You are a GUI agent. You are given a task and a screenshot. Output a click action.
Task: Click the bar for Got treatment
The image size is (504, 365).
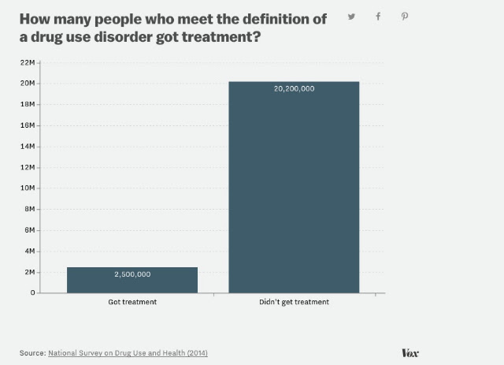tap(132, 280)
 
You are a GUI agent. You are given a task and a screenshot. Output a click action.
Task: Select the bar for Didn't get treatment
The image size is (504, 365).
tap(294, 188)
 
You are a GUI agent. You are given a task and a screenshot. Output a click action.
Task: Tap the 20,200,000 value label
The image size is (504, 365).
tap(294, 89)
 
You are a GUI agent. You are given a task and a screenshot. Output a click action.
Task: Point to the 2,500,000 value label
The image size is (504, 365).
tap(132, 274)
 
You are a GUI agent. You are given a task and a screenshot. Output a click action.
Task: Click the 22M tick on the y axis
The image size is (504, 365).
tap(28, 62)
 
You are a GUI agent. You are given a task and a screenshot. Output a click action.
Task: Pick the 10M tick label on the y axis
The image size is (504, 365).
tap(28, 188)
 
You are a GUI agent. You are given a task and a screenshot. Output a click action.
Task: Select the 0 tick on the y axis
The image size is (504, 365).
tap(33, 292)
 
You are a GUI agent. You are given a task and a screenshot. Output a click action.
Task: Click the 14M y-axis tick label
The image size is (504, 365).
tap(28, 147)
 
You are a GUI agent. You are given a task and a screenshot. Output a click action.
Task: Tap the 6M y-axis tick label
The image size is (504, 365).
tap(30, 230)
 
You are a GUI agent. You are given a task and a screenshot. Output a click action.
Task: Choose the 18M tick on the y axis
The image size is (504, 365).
tap(28, 104)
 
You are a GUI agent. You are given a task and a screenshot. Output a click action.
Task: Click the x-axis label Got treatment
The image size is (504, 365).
tap(132, 302)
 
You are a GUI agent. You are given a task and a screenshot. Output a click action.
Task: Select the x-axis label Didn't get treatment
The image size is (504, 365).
tap(294, 302)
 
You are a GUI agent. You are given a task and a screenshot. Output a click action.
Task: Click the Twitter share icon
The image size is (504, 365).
tap(352, 17)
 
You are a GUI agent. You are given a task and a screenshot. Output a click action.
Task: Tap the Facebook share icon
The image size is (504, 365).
tap(378, 17)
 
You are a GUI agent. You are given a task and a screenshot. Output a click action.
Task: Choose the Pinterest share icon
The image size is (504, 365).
tap(405, 17)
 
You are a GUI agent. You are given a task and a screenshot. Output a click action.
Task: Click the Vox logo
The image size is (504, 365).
tap(410, 353)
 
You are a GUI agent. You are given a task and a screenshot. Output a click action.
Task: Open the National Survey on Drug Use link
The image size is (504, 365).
tap(128, 353)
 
